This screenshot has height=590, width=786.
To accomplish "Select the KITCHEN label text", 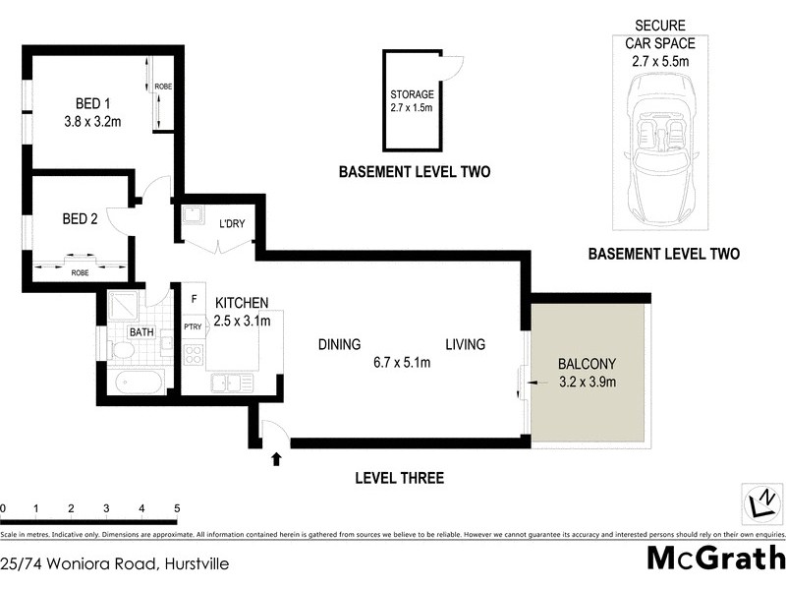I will (x=242, y=303).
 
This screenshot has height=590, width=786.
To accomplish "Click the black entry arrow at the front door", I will (x=276, y=458).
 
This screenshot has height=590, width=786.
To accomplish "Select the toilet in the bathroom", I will (x=123, y=350).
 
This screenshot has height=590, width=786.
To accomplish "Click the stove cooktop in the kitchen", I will (x=193, y=355).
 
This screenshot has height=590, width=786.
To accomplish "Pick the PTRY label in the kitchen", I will (x=193, y=327).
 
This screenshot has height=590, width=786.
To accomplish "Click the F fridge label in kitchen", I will (x=195, y=299).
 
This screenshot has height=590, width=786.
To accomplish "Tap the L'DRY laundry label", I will (x=232, y=224).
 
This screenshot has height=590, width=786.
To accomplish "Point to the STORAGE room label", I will (x=412, y=95).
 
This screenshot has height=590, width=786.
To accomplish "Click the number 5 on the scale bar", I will (x=177, y=508).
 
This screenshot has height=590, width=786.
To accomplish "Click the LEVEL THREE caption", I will (x=399, y=479).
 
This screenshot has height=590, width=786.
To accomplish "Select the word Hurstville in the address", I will (x=191, y=563).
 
